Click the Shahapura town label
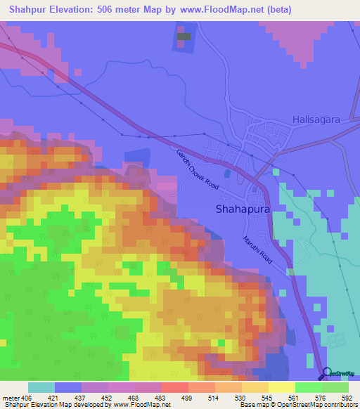point(241,209)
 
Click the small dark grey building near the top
point(184,36)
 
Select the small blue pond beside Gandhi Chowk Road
point(226,172)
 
